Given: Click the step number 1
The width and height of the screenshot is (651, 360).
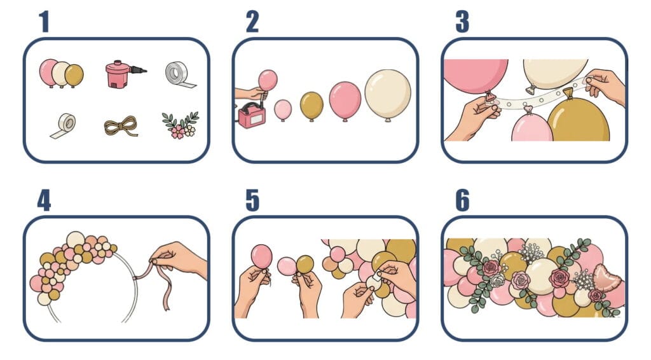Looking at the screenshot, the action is coord(44,22).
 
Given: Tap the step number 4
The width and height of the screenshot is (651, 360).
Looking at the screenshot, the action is coord(44,200).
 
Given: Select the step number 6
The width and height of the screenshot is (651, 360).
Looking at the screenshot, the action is coord(463,200).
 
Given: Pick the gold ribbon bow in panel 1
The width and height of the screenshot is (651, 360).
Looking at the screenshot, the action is coord(120,126).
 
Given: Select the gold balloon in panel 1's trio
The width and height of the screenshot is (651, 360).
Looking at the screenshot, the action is coord(74,75).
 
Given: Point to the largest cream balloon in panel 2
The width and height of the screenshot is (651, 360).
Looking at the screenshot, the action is coord(388,95).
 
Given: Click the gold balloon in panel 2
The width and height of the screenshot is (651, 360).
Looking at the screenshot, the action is coord(312,106).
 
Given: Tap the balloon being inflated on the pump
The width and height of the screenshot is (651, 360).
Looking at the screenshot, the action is coord(268,80).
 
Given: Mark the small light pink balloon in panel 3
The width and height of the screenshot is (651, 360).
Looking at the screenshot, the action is coord(531,125).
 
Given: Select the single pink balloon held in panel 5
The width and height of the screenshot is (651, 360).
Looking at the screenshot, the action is coord(261,256).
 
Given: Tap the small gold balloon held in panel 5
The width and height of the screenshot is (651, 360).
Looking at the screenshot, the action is coord(305,265).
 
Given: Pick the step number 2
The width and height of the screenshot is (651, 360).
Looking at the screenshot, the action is coord(252,22).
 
